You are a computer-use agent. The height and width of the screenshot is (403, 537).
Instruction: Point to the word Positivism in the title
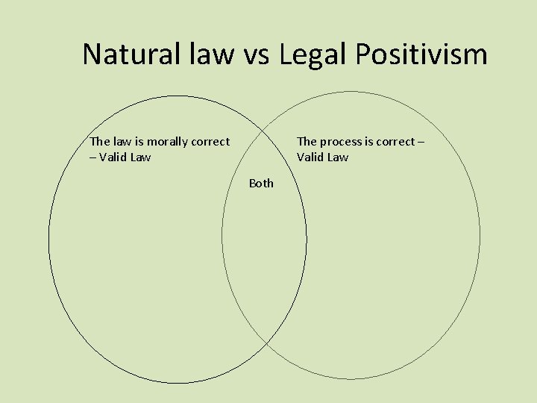point(422,54)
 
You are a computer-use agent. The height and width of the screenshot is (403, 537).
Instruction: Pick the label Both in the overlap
point(261,183)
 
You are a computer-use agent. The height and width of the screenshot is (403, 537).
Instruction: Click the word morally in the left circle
point(169,141)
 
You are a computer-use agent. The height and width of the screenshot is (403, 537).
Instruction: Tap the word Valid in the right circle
point(311,157)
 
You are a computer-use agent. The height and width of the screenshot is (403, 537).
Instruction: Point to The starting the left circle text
point(99,141)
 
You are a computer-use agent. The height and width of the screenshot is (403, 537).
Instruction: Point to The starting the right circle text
point(307,141)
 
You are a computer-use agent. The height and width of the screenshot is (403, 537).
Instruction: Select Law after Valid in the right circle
point(337,157)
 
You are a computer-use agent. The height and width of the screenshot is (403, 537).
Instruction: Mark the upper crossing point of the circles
point(265,122)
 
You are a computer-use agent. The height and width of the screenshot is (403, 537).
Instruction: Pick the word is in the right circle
point(368,141)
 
